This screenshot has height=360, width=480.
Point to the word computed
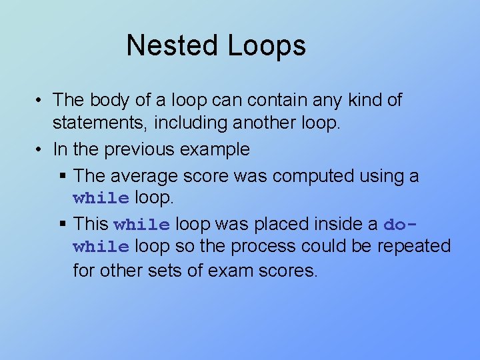pos(312,176)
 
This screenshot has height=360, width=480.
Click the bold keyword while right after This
pos(142,224)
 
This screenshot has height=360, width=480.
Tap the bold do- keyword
pos(405,224)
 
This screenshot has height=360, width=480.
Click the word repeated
pos(414,247)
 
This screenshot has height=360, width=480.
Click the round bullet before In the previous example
pos(40,150)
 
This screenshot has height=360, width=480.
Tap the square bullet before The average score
pos(63,175)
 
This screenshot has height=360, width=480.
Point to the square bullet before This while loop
pos(63,224)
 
